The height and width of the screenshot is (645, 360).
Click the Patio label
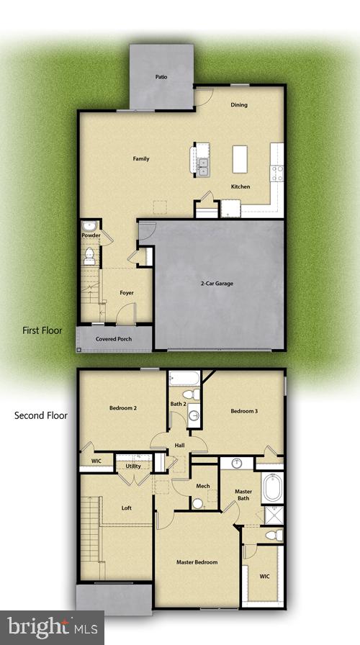(161, 76)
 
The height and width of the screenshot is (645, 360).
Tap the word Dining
(239, 105)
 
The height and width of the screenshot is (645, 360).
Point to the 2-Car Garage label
(217, 284)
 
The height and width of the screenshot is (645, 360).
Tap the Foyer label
(127, 293)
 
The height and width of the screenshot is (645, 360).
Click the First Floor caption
(42, 331)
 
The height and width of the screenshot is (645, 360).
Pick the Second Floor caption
(41, 416)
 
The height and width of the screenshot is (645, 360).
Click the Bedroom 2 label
(123, 409)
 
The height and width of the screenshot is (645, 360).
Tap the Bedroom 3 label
(243, 412)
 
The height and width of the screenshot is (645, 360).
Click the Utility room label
(133, 466)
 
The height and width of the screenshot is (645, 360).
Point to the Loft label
(127, 508)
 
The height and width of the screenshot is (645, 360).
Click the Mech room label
(203, 487)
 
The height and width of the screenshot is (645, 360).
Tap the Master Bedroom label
(197, 562)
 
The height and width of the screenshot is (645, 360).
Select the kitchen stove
(277, 173)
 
